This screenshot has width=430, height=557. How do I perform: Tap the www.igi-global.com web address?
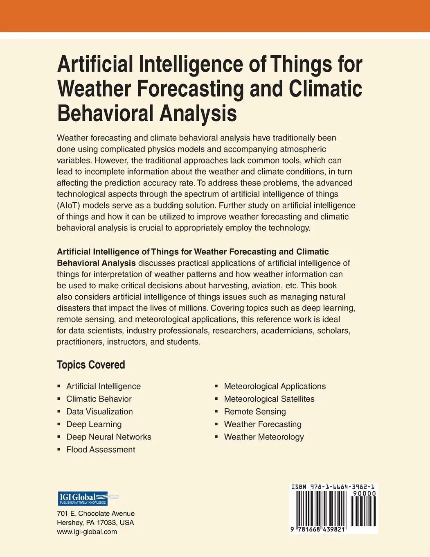click(87, 532)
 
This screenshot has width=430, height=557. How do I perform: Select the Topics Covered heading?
click(91, 365)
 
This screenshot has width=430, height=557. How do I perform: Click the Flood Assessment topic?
click(101, 450)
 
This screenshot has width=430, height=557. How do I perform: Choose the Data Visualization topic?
click(99, 412)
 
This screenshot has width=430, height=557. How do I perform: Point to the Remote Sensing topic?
click(255, 412)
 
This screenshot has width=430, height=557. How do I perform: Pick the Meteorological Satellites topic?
click(269, 399)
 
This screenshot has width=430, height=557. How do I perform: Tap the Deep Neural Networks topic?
click(109, 437)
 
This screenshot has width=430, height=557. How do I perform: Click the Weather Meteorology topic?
click(264, 437)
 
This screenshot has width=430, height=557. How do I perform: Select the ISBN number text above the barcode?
click(333, 487)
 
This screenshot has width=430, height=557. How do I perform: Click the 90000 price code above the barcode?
click(364, 494)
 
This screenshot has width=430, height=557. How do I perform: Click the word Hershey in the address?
click(69, 523)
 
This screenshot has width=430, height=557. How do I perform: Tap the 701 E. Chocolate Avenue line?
click(96, 514)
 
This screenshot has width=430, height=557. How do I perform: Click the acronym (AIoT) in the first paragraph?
click(71, 205)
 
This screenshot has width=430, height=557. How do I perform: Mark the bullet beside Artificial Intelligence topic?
click(59, 386)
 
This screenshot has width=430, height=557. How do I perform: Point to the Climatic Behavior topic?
click(99, 399)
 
